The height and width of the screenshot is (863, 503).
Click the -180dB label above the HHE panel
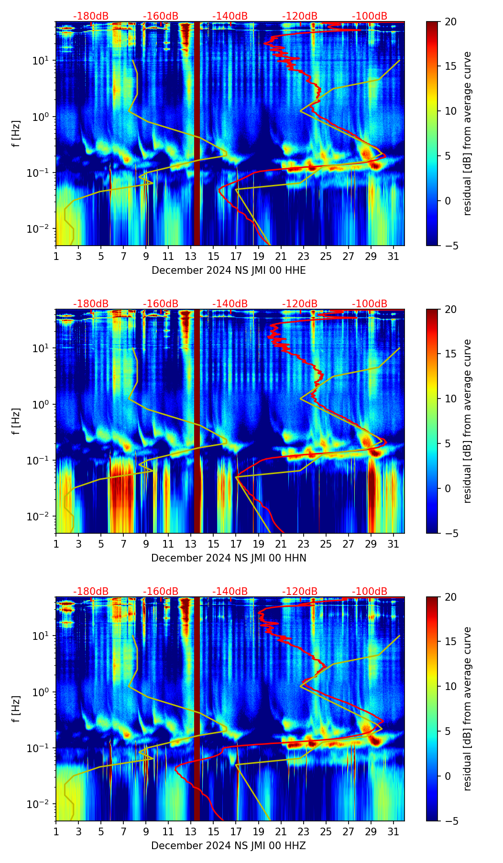click(x=91, y=16)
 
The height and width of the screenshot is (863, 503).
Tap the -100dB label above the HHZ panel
click(x=370, y=592)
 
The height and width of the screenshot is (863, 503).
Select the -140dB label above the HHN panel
click(x=230, y=304)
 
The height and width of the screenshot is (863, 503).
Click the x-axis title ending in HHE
click(x=229, y=270)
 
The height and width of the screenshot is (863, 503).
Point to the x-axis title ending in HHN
click(x=229, y=558)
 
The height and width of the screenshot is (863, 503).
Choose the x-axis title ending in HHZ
click(x=229, y=846)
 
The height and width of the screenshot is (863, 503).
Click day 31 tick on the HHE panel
click(x=393, y=256)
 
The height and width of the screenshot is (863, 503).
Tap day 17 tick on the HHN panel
click(x=236, y=544)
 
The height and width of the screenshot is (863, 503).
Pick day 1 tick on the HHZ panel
click(x=56, y=831)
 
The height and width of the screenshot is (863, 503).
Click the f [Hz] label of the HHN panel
click(x=16, y=421)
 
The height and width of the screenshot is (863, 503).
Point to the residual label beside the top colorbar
click(x=467, y=133)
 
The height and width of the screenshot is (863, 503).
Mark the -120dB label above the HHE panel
click(x=300, y=16)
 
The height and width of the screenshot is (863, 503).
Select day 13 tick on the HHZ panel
click(x=191, y=831)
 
